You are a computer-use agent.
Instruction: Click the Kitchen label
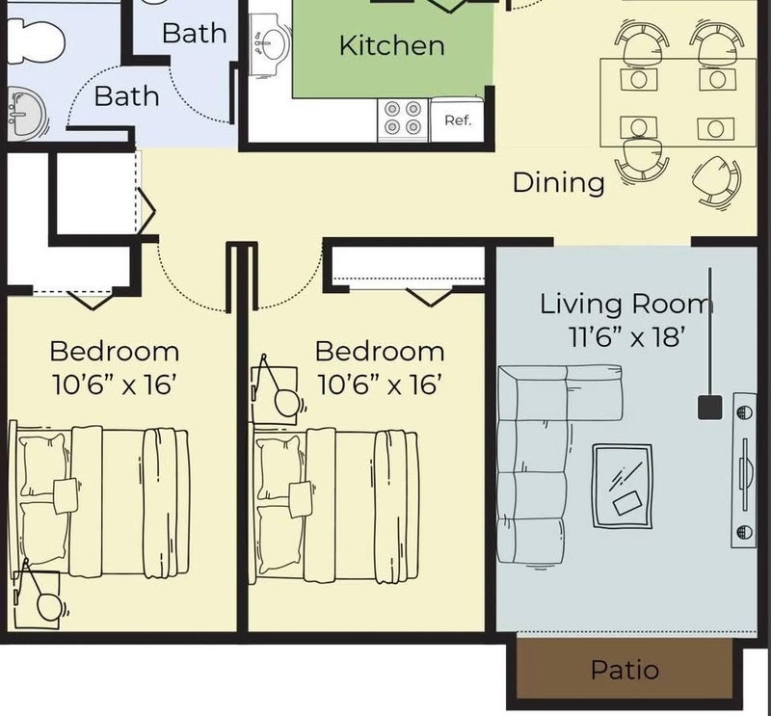click(392, 45)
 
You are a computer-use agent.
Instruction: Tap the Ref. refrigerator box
click(457, 120)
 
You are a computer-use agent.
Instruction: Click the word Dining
click(558, 183)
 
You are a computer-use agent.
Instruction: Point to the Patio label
click(625, 670)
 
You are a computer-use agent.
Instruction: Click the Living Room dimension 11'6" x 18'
click(627, 337)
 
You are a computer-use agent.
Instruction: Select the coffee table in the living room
click(623, 486)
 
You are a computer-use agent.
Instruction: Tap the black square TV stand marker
click(709, 408)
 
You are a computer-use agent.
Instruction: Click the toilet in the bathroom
click(36, 41)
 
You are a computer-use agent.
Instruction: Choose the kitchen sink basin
click(270, 43)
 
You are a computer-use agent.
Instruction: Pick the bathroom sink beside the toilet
click(26, 114)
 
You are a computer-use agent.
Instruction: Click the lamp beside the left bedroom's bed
click(41, 597)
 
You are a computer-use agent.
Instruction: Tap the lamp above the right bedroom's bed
click(279, 390)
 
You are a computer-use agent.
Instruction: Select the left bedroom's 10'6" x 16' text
click(114, 385)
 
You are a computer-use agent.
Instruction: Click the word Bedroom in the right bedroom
click(380, 351)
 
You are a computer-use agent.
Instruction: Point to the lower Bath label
click(126, 96)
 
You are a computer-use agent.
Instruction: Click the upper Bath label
click(195, 33)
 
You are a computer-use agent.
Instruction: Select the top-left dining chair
click(641, 43)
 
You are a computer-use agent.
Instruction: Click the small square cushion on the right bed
click(300, 499)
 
